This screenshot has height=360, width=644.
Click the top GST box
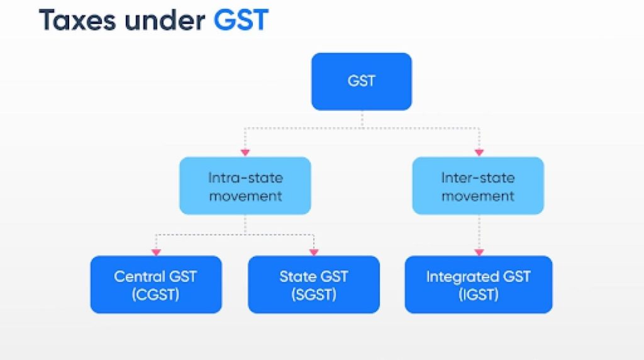pos(362,81)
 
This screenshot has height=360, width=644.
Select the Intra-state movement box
pos(245,186)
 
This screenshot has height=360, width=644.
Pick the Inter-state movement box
pos(478,186)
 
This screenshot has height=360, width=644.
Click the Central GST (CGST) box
pos(156,284)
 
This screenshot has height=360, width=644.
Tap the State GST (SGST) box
pos(313,284)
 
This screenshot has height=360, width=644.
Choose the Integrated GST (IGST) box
pos(478,284)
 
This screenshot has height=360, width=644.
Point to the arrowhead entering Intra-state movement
pos(245,152)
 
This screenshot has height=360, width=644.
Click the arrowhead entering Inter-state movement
pos(479,152)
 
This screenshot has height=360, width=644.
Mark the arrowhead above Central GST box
pos(157,252)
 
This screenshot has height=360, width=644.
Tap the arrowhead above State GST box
pos(313,252)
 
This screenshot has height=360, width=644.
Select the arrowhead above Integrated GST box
pos(479,252)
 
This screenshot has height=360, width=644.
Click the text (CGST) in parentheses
pos(156,294)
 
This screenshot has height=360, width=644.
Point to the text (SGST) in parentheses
pos(313,294)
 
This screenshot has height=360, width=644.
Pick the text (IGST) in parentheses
pos(478,294)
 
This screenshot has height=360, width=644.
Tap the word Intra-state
pos(245,177)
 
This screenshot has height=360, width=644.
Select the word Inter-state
pos(478,177)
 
